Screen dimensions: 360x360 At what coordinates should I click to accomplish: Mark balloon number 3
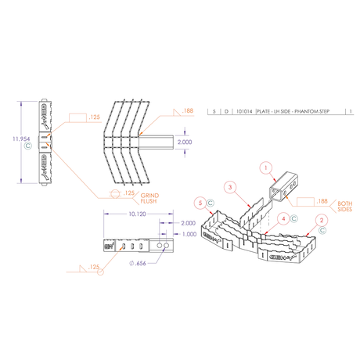click(229, 188)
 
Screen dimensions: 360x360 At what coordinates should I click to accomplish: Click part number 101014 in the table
click(243, 113)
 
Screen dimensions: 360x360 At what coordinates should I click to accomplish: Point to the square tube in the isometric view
click(281, 188)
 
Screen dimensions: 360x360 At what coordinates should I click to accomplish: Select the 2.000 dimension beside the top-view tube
click(183, 142)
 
